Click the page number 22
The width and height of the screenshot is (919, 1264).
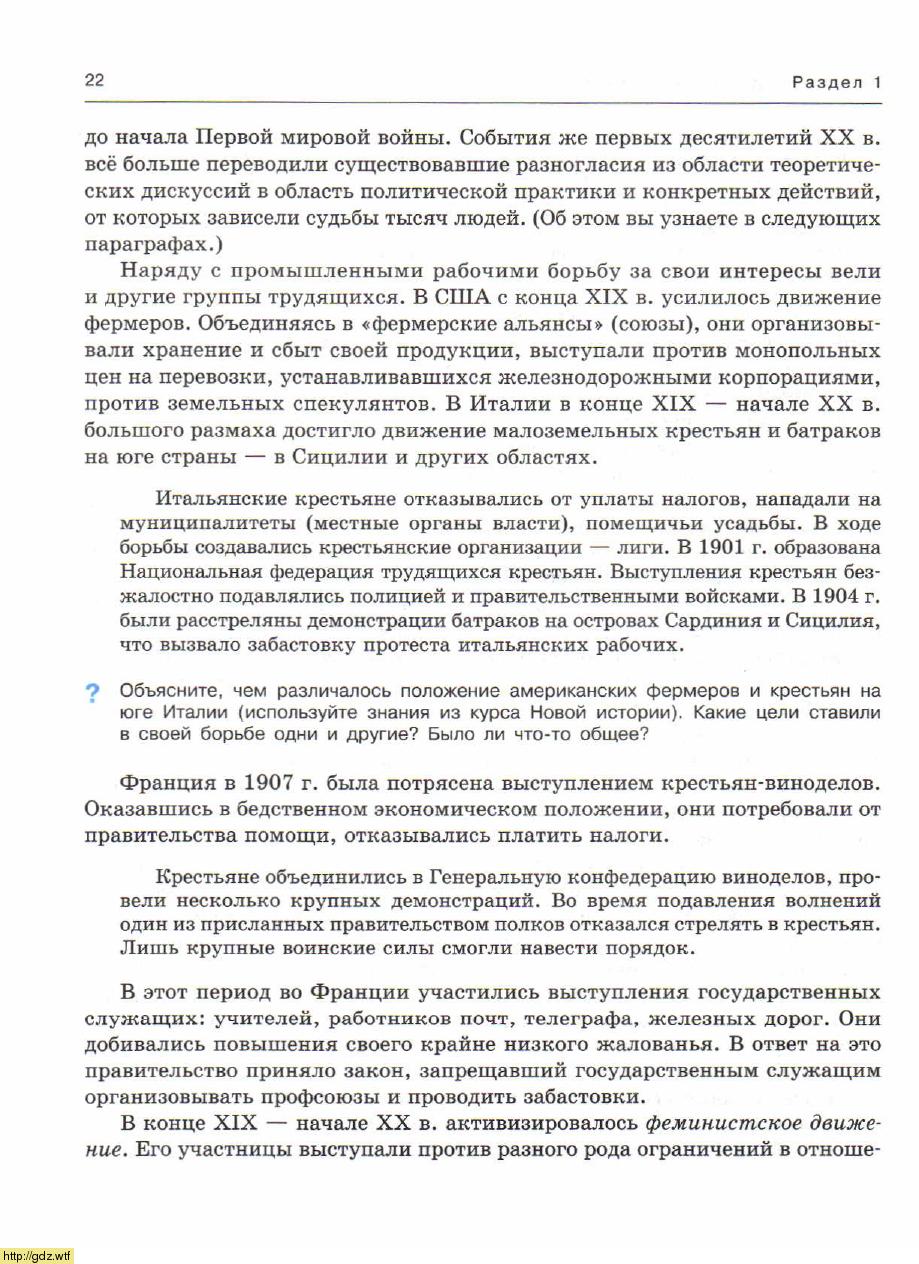point(95,81)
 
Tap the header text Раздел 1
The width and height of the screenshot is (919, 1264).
point(836,83)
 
